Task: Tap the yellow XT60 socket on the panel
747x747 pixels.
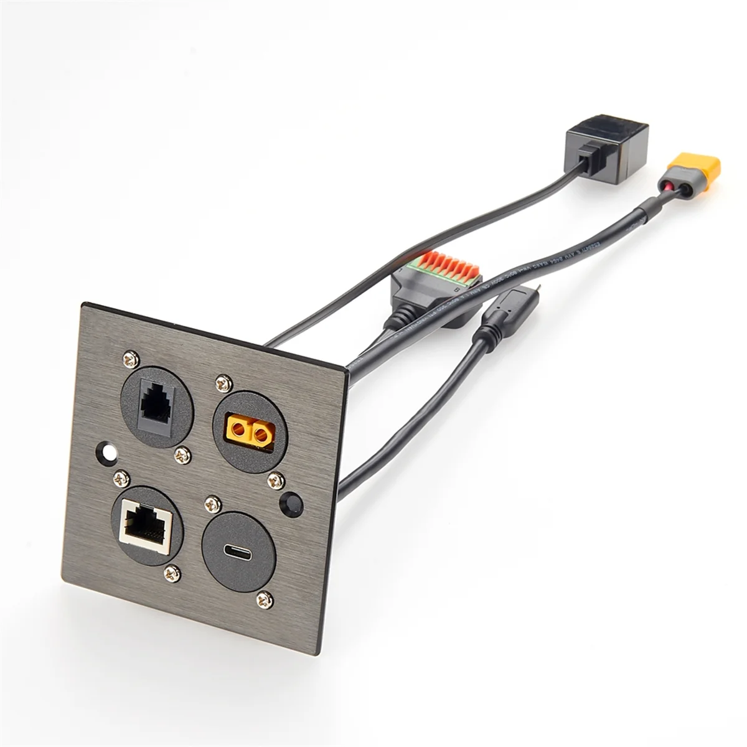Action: (251, 429)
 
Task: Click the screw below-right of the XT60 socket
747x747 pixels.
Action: (275, 480)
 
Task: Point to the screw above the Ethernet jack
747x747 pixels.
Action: (121, 477)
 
